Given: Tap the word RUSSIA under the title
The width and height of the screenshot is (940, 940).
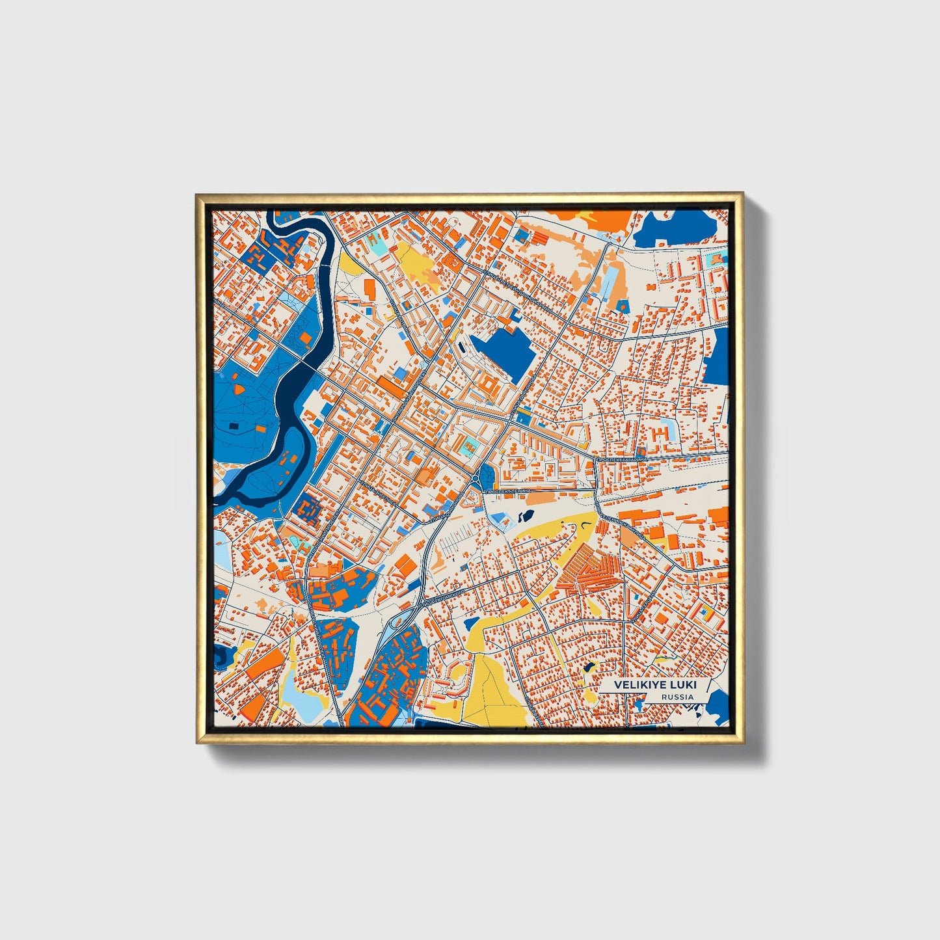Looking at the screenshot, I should [677, 697].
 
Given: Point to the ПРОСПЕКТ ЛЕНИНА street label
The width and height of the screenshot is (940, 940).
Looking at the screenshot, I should [507, 490].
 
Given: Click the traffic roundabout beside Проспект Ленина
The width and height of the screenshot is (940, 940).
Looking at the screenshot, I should [480, 481].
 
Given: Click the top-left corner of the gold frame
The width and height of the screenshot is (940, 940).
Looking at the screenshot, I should [198, 195].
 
